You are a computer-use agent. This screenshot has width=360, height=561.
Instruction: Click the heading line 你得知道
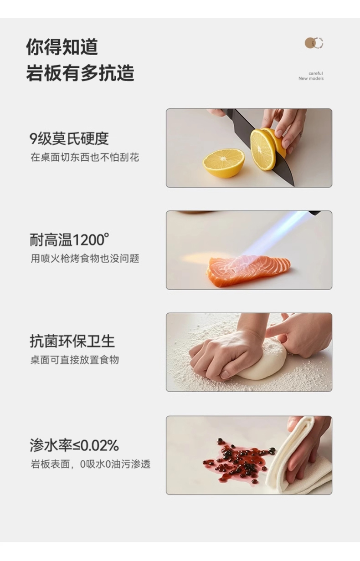[62, 47]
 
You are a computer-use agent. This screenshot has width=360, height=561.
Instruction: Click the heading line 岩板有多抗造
[80, 73]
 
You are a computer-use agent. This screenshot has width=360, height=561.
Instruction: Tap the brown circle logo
[314, 43]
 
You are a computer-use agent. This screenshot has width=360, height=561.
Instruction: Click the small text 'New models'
[311, 78]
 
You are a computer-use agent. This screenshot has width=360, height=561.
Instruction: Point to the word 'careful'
[316, 73]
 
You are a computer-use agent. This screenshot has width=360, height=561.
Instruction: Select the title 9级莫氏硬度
[69, 138]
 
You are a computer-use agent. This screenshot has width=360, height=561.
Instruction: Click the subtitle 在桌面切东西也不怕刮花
[85, 158]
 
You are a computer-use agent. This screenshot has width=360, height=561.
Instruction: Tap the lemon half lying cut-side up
[224, 163]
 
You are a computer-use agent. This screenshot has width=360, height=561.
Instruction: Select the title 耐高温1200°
[69, 240]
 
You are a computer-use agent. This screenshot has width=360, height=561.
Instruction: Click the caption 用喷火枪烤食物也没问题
[85, 259]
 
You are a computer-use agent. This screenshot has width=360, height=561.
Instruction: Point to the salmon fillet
[248, 270]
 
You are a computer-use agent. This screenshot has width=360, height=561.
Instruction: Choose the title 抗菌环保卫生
[72, 341]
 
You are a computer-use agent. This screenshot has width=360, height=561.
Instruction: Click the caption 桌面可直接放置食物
[75, 360]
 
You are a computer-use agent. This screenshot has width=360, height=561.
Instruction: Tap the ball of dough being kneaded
[261, 361]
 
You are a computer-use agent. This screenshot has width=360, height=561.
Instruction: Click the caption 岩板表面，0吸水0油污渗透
[91, 464]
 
